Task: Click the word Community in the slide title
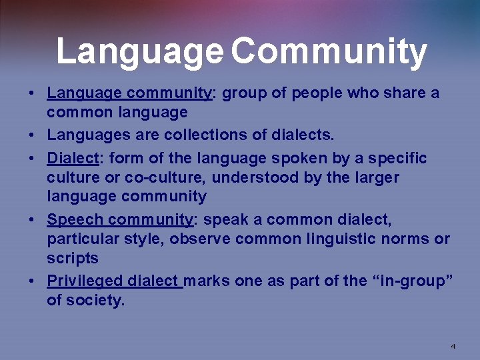point(329,52)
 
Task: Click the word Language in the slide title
point(140,52)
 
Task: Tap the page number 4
point(453,346)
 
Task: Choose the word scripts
point(73,258)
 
